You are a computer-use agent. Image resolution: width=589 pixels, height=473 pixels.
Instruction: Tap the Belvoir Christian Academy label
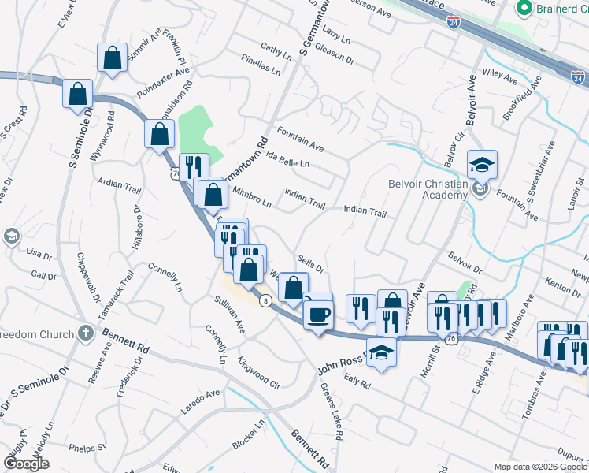(428, 189)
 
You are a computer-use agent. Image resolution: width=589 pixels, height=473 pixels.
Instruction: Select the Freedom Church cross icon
(86, 333)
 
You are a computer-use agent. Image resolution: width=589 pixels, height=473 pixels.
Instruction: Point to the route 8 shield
(267, 300)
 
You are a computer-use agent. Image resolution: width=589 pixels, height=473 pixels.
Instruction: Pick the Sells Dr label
(312, 263)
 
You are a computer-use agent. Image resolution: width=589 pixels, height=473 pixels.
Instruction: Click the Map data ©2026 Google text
(540, 467)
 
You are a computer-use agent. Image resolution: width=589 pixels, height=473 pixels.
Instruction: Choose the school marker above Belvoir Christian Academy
(482, 166)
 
